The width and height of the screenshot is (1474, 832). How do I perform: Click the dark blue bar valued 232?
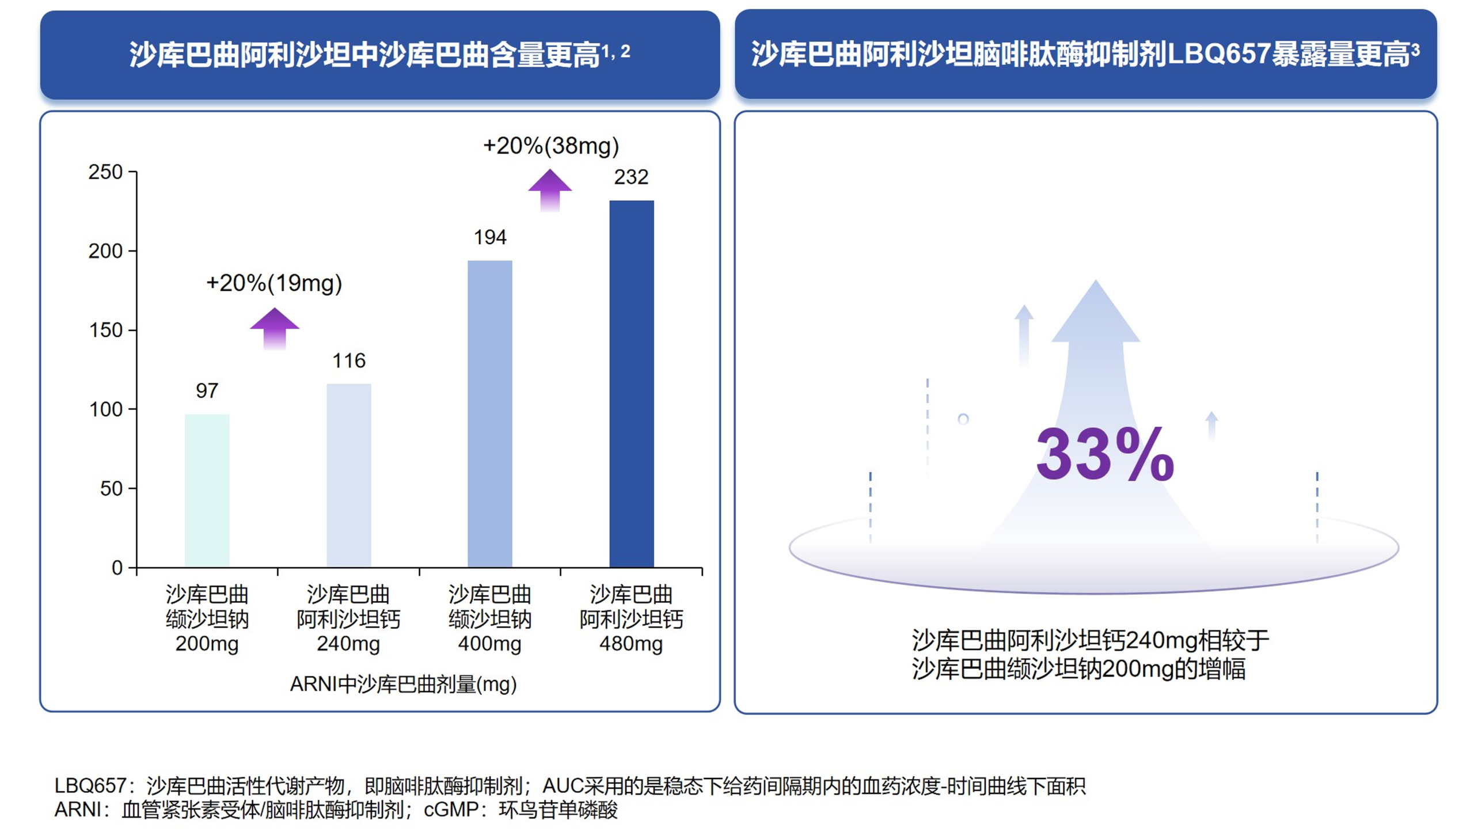coord(631,383)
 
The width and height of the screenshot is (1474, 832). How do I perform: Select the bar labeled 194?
coord(489,413)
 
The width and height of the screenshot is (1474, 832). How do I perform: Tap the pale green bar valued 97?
coord(207,490)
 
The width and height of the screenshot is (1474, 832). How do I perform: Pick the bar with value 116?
coord(348,475)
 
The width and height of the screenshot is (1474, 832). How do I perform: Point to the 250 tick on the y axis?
coord(105,172)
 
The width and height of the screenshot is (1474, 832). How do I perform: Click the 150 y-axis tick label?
coord(105,330)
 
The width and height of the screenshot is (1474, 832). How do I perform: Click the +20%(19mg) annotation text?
coord(274,283)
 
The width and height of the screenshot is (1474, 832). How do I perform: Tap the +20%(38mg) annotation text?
coord(550,146)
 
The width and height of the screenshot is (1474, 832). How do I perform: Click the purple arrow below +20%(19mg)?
coord(274,329)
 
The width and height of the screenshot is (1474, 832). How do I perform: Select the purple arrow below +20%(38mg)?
coord(550,190)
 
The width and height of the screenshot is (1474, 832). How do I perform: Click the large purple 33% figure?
coord(1104,455)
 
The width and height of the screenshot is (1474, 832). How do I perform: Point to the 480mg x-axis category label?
coord(631,644)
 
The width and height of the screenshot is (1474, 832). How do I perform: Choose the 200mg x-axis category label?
coord(207,644)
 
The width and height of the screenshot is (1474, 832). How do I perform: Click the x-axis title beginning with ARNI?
coord(403,684)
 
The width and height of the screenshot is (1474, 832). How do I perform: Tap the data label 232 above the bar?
coord(631,177)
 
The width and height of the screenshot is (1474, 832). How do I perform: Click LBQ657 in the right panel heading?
coord(1217,54)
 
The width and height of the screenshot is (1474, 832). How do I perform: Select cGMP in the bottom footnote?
coord(451,810)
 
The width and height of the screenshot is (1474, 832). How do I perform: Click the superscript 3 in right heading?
coord(1415,51)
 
